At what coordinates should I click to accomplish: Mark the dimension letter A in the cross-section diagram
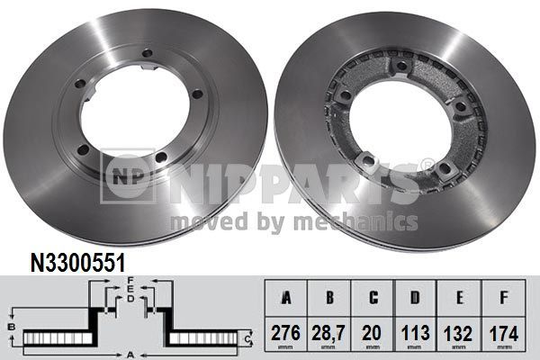click(x=131, y=355)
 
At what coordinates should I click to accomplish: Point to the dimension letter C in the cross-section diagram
click(x=249, y=338)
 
